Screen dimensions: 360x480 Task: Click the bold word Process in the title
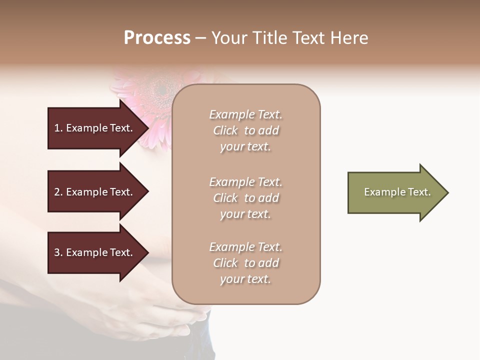[x=157, y=38]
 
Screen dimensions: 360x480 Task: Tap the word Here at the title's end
[x=349, y=38]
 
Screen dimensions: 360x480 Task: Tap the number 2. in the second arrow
[x=58, y=192]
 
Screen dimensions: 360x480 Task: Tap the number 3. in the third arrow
[x=58, y=252]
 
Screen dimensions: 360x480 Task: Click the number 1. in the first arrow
[x=58, y=128]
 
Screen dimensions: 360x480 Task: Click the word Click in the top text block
[x=225, y=130]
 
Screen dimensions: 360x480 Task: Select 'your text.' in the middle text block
[x=245, y=214]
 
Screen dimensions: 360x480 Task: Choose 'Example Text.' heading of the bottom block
[x=245, y=247]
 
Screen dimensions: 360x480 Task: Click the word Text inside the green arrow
[x=419, y=192]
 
